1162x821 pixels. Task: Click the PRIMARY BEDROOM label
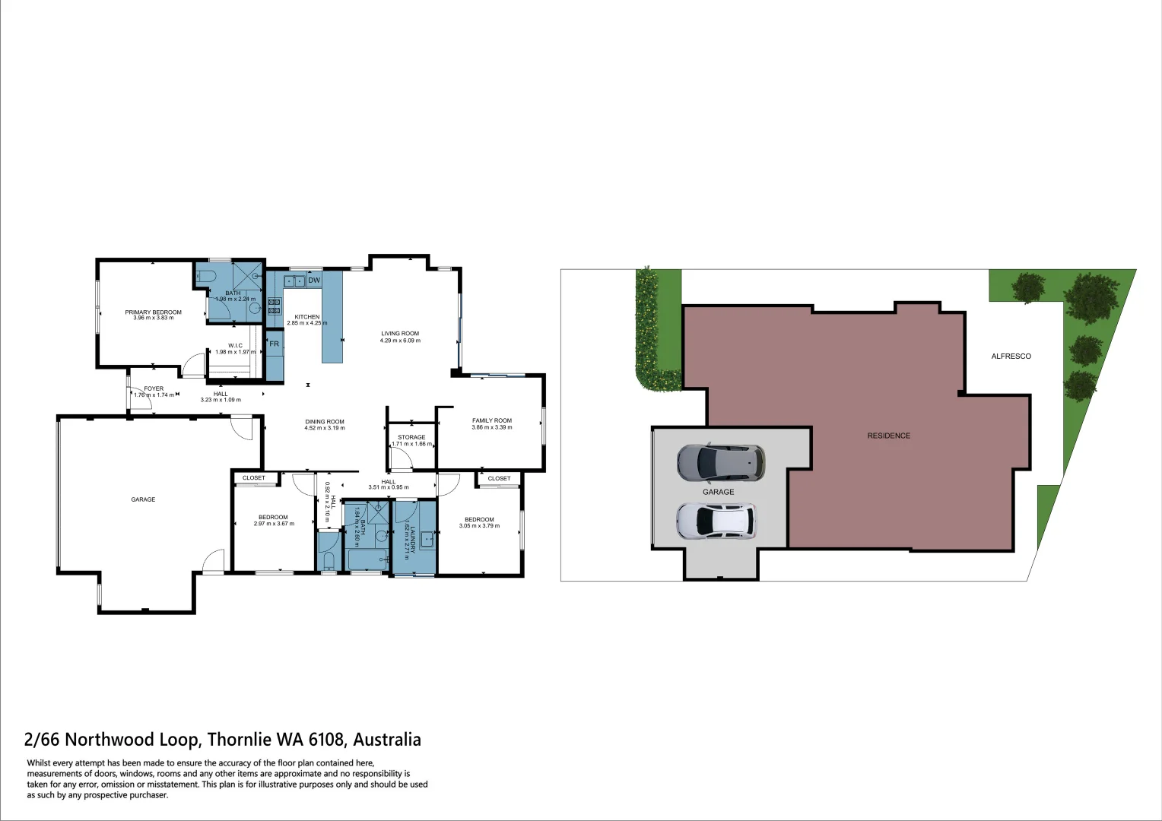click(x=153, y=312)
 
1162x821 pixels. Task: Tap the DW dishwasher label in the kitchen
click(x=314, y=281)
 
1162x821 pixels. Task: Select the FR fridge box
click(x=274, y=344)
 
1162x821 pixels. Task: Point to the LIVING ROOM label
click(x=400, y=334)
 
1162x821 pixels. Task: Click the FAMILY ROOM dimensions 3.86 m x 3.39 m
click(x=492, y=427)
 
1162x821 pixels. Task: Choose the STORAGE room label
click(x=411, y=437)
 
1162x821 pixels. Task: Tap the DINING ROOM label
click(x=325, y=422)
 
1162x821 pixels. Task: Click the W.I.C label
click(x=235, y=346)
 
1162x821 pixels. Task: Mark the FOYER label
click(x=154, y=388)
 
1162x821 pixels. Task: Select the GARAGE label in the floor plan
click(x=143, y=499)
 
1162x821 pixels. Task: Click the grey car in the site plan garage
click(x=720, y=463)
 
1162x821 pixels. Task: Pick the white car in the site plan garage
click(x=716, y=521)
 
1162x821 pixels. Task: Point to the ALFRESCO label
click(x=1011, y=357)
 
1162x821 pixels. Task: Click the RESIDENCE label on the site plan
click(x=888, y=436)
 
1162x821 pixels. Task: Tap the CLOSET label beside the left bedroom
click(x=254, y=478)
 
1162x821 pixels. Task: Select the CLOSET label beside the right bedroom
click(x=500, y=478)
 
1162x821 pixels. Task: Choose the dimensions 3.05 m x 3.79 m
click(x=479, y=526)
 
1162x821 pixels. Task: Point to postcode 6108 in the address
click(x=324, y=740)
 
